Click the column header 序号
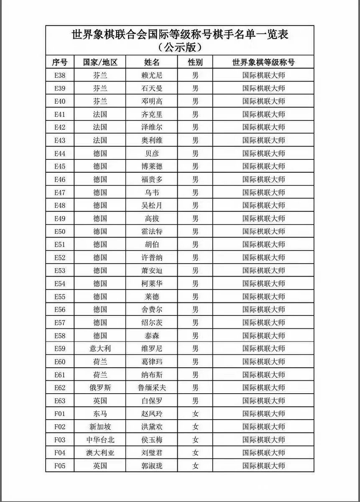coord(60,62)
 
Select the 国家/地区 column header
coord(100,62)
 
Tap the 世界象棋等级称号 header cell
coord(263,62)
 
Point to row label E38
coord(60,75)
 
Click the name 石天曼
coord(152,88)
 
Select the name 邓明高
coord(152,101)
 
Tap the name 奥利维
coord(152,140)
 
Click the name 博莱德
coord(152,166)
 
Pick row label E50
coord(60,231)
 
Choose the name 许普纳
coord(152,257)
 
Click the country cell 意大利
coord(100,348)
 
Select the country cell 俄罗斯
coord(100,387)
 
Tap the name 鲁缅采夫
coord(152,387)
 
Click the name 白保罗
coord(152,401)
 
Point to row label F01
coord(60,414)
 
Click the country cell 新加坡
coord(100,427)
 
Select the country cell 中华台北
coord(100,440)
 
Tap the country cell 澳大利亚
coord(100,453)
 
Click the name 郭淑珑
coord(152,466)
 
